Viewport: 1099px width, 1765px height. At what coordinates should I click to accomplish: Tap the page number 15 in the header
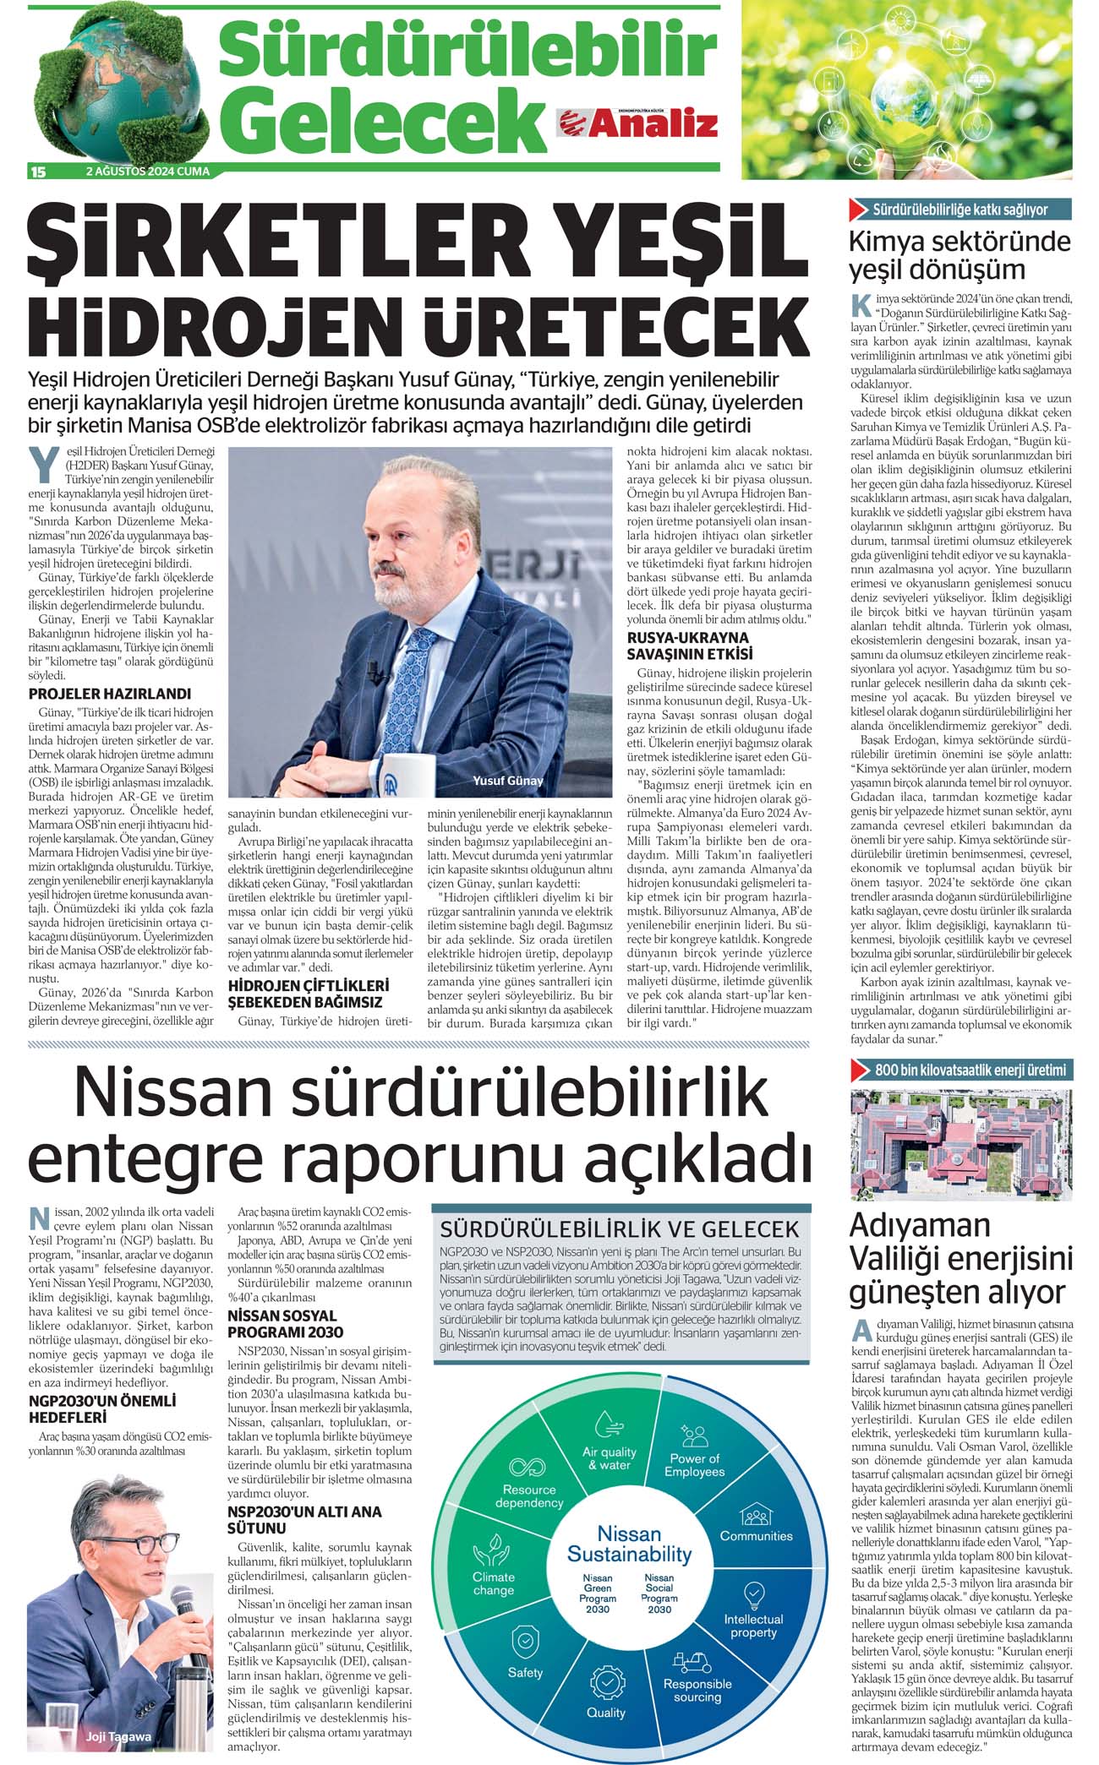coord(37,172)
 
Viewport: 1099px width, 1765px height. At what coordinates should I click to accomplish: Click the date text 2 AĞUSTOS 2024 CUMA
coord(148,172)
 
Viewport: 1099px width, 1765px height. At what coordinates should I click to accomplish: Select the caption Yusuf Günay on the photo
coord(507,781)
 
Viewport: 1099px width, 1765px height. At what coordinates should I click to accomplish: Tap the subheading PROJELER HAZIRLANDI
coord(110,694)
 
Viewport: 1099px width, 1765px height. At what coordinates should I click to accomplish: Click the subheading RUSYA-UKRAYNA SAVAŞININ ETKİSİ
coord(688,646)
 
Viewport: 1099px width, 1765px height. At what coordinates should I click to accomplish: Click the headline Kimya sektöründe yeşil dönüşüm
coord(960,255)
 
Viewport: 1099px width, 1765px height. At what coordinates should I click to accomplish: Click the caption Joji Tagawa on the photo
coord(118,1736)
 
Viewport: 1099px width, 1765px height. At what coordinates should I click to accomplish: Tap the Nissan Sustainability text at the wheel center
coord(629,1543)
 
